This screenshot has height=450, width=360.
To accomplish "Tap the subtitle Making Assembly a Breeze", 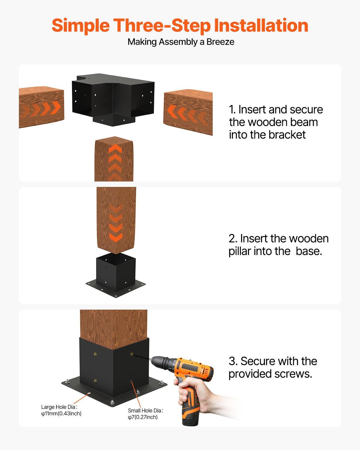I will (181, 42).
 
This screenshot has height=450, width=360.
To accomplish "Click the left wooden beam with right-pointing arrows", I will (41, 107).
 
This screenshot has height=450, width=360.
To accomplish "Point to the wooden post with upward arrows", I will (114, 159).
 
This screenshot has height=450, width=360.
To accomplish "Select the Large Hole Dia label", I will (59, 407).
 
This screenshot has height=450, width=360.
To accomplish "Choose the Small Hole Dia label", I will (145, 410).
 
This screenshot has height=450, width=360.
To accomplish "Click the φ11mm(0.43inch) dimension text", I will (61, 414).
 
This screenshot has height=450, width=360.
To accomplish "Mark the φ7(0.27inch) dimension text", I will (142, 417).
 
